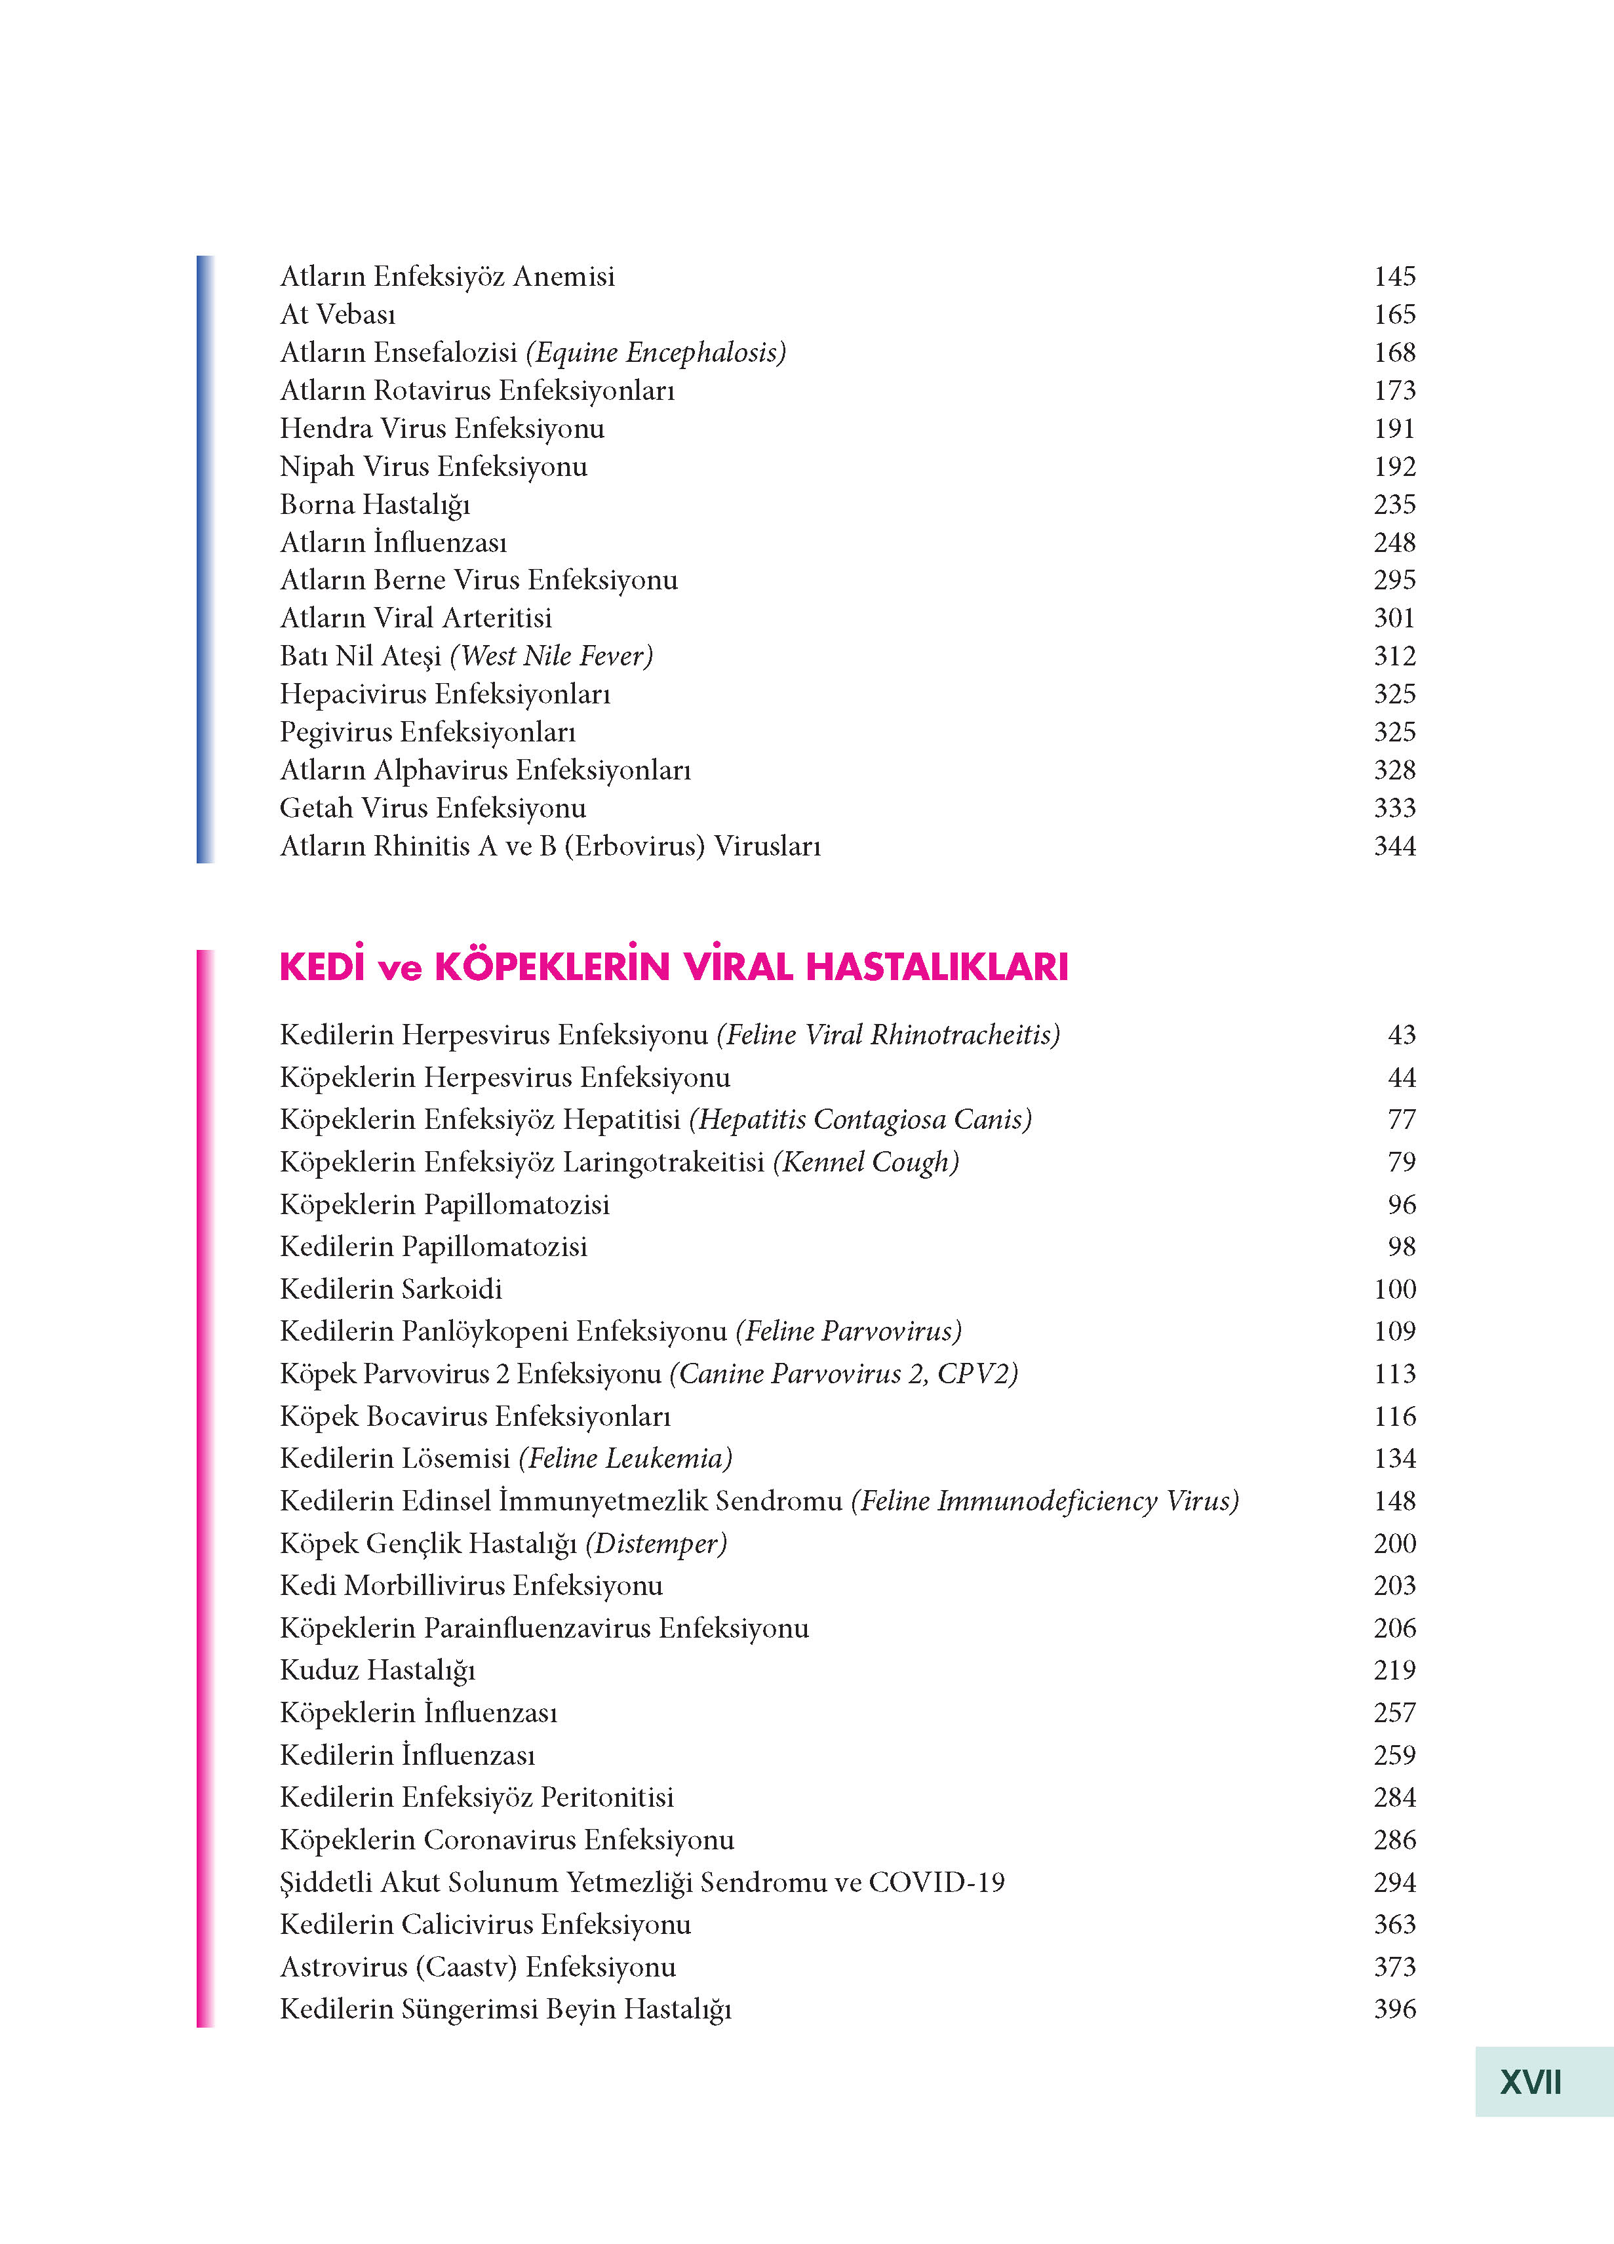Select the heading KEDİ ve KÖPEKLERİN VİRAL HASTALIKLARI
click(673, 967)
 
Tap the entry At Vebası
click(338, 315)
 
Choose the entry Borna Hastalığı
click(374, 505)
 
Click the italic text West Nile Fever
click(551, 656)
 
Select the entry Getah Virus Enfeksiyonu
click(433, 808)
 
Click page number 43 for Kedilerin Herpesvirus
click(1401, 1035)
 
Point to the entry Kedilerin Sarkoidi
click(391, 1289)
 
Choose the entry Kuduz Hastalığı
click(377, 1670)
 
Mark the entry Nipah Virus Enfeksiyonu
click(433, 467)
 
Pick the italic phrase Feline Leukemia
click(625, 1459)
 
